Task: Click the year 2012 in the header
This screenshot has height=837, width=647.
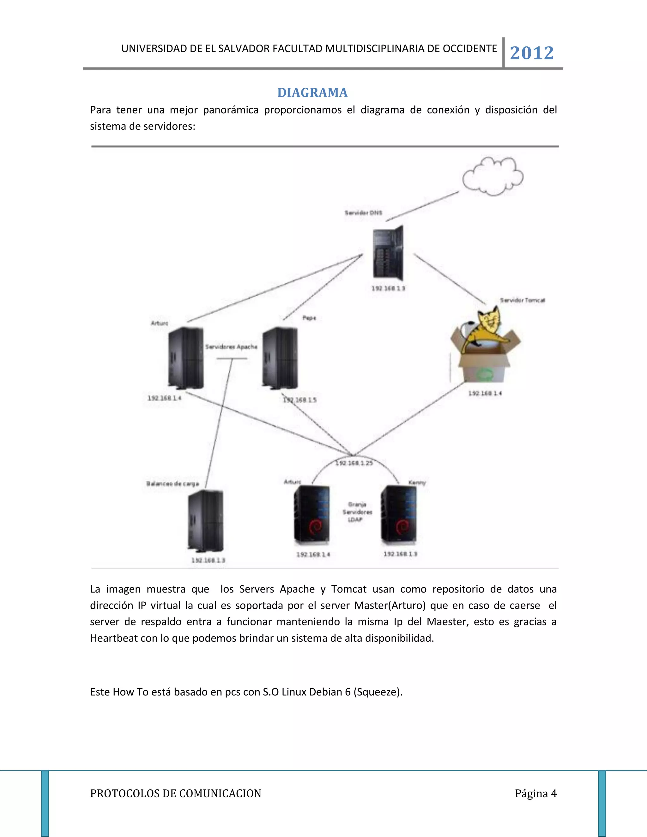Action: coord(532,53)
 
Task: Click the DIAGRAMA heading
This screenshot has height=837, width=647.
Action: coord(312,93)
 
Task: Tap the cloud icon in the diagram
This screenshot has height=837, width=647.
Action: coord(493,177)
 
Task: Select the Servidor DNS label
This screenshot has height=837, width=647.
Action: coord(363,213)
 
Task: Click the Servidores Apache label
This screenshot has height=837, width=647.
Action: coord(231,347)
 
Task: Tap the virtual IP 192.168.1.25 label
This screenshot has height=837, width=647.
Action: coord(354,463)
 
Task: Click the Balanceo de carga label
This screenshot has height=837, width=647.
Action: coord(172,484)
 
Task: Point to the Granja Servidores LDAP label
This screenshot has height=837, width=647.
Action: coord(357,512)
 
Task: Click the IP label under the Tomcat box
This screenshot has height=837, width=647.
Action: coord(485,393)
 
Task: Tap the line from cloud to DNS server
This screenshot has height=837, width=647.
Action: coord(422,207)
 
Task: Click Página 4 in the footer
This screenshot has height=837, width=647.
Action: coord(535,793)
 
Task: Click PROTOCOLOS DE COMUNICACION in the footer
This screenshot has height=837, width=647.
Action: coord(176,793)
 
